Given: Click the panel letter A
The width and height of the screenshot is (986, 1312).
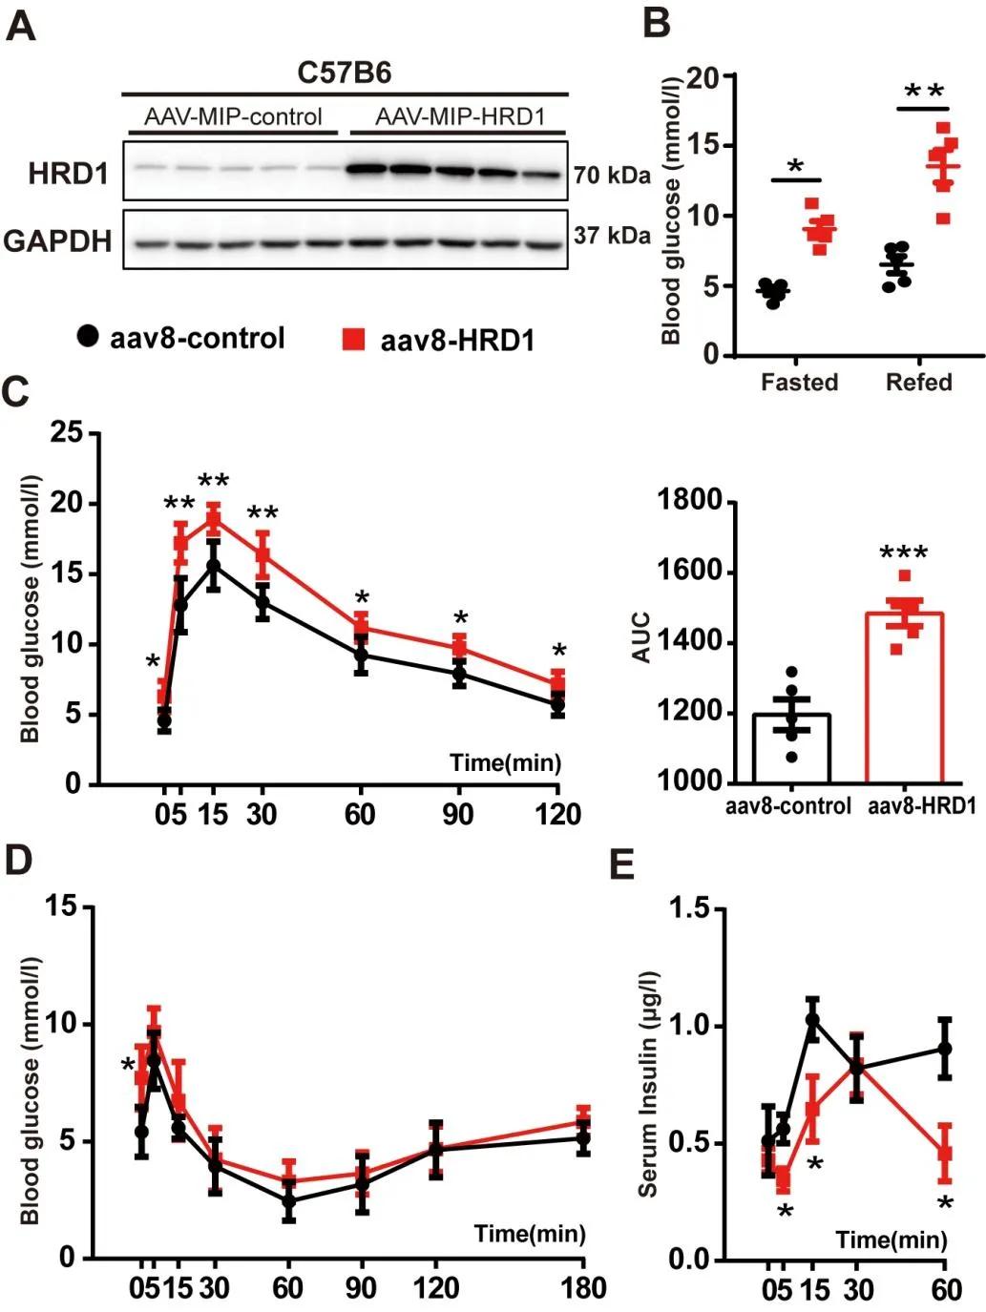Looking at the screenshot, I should [21, 26].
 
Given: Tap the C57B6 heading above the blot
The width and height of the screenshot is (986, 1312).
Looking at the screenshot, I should [345, 73].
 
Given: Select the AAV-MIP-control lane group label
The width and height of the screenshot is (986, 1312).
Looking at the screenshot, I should [233, 117].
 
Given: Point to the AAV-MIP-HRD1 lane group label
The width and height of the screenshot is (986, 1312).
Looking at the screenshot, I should [459, 117].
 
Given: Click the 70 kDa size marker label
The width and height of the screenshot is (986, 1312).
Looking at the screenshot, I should [612, 176].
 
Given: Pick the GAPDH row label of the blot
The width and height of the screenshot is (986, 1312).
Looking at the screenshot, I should [57, 241].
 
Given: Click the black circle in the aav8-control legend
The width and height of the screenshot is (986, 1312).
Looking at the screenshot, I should [88, 336].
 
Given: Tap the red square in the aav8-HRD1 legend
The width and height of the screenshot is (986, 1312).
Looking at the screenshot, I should [353, 339].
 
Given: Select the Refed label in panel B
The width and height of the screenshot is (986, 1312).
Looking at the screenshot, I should [918, 383].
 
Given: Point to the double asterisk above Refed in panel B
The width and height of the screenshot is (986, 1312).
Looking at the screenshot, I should [923, 93].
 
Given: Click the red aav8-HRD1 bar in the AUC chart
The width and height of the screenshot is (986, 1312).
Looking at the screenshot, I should [904, 698].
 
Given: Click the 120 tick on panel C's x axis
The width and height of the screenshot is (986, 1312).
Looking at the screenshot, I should [557, 814].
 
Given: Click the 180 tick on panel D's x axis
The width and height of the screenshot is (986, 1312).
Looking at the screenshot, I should [583, 1288].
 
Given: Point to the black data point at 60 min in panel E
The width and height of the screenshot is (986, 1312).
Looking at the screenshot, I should [945, 1049].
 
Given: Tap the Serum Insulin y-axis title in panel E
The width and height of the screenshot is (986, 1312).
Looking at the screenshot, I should [649, 1084].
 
